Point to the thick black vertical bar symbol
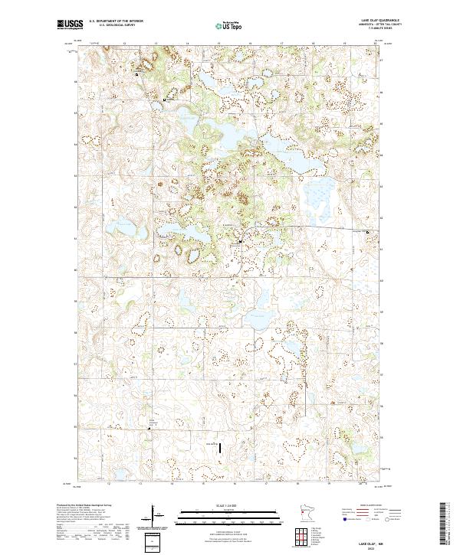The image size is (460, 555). [x=222, y=446]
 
